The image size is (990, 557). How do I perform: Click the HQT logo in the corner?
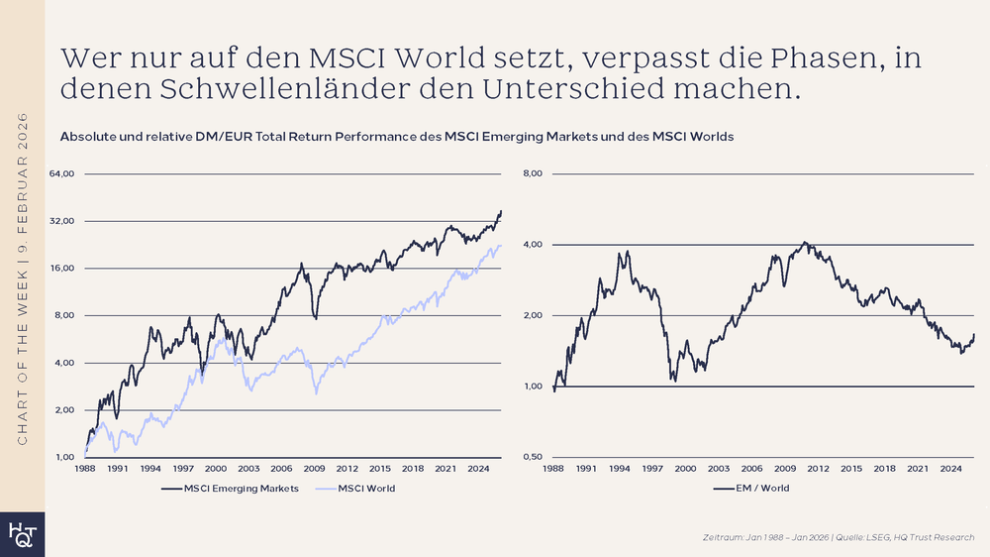click(22, 533)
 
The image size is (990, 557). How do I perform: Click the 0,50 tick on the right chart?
click(532, 457)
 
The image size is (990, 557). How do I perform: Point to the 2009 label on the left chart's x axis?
click(314, 468)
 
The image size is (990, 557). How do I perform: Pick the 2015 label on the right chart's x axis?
click(850, 468)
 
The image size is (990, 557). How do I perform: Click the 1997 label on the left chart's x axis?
click(183, 468)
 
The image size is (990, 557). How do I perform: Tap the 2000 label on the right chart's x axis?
click(685, 468)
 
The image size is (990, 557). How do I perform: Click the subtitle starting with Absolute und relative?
click(396, 137)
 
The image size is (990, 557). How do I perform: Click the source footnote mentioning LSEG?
click(838, 536)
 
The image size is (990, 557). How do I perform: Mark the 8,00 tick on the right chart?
click(532, 174)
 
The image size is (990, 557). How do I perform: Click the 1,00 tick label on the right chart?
click(532, 387)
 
